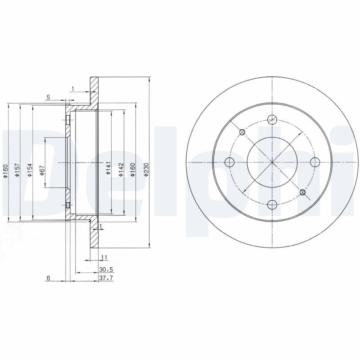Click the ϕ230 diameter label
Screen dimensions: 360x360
pos(147,170)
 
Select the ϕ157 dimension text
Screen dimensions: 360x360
pos(17,170)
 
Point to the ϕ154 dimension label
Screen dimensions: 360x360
pos(30,170)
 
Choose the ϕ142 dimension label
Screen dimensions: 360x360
pos(121,170)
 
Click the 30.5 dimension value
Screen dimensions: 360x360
pos(106,269)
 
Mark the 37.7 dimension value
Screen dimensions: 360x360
pos(106,278)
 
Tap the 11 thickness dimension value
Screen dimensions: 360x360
pos(104,257)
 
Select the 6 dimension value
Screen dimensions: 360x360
pos(48,278)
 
